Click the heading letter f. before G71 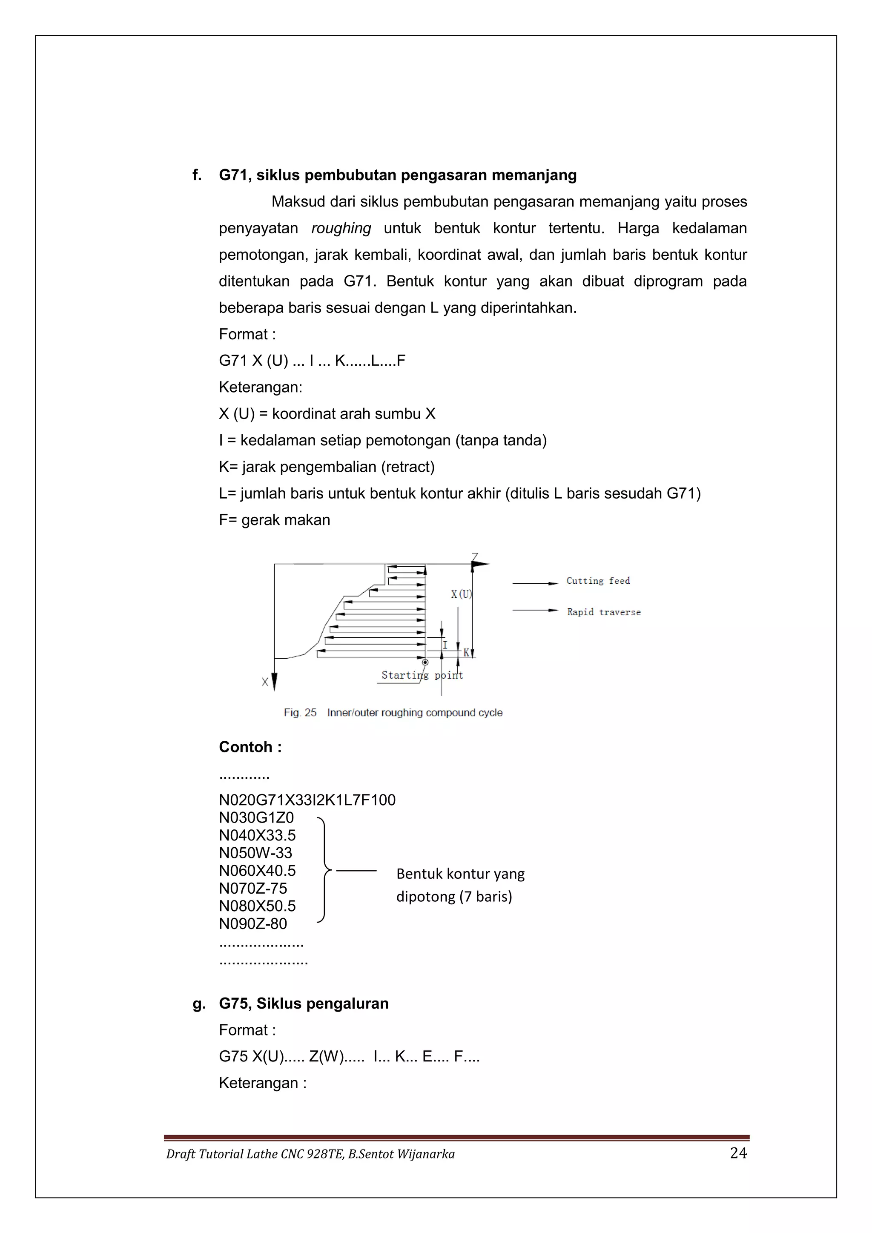[x=197, y=175]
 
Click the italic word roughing [x=341, y=228]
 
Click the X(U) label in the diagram [x=461, y=594]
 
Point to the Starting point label [x=422, y=675]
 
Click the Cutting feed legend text [x=598, y=581]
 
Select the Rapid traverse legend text [x=603, y=612]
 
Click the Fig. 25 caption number [x=300, y=713]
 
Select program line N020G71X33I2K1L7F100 [x=307, y=800]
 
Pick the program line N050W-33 [x=255, y=853]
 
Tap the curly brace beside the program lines [x=323, y=869]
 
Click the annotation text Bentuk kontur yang [x=460, y=874]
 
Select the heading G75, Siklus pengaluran [x=304, y=1004]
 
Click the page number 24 [x=738, y=1153]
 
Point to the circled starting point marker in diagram [x=425, y=662]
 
